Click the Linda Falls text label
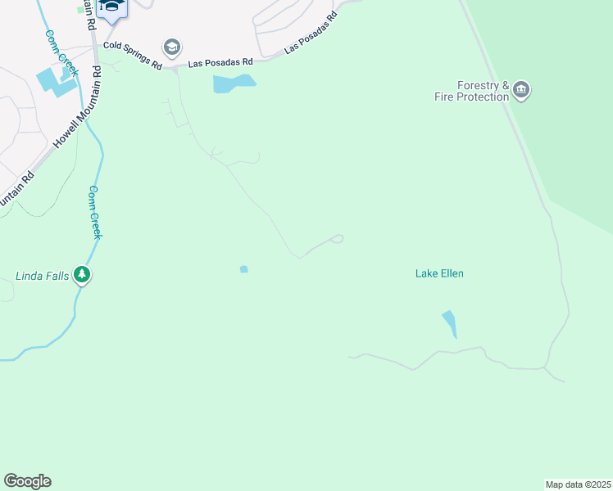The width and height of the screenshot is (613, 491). (x=42, y=275)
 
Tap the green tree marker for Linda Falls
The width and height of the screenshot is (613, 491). (x=81, y=274)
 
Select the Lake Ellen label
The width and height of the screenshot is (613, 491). (x=439, y=273)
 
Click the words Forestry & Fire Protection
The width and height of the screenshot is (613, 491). (x=484, y=91)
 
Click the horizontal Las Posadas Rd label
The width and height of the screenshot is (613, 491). (x=220, y=62)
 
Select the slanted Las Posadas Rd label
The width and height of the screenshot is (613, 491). (x=311, y=34)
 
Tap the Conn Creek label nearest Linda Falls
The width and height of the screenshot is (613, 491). (x=95, y=212)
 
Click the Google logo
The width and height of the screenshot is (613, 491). (x=27, y=481)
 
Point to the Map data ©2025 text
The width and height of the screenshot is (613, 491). (x=578, y=484)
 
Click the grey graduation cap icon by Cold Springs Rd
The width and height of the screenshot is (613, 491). (x=171, y=47)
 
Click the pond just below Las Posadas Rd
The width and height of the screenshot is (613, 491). (x=233, y=83)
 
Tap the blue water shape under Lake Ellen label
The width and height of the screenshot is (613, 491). (x=449, y=322)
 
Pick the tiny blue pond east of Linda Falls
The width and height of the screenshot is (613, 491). (x=243, y=269)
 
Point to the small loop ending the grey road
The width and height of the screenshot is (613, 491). (x=337, y=239)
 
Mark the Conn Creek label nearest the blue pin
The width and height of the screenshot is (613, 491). (x=61, y=53)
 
